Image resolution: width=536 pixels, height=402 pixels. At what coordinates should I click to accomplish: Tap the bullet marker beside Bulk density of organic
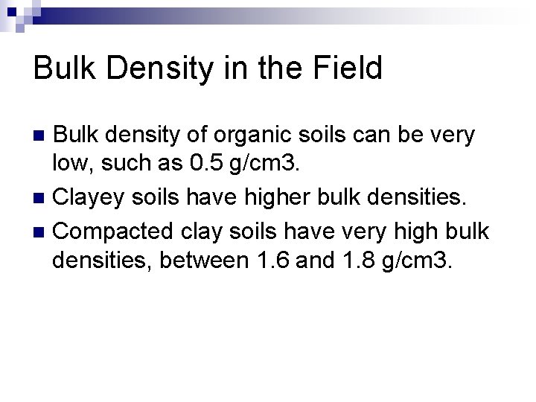[x=40, y=137]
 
